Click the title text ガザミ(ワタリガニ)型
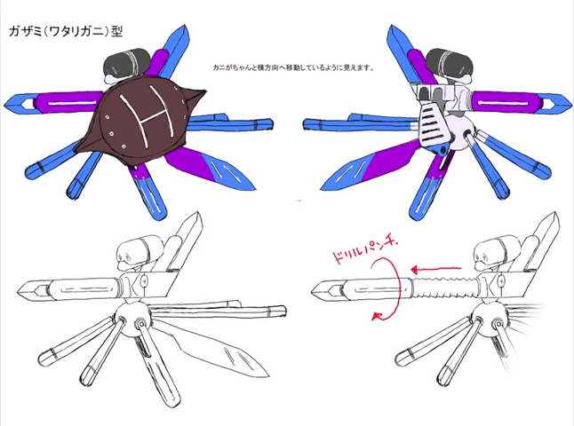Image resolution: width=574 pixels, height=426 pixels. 66,32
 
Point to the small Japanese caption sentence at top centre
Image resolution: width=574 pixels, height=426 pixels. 293,67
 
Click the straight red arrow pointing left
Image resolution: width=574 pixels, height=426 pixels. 435,270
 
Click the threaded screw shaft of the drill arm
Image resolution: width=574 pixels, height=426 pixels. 443,288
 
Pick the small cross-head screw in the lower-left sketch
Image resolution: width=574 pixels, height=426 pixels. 145,280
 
